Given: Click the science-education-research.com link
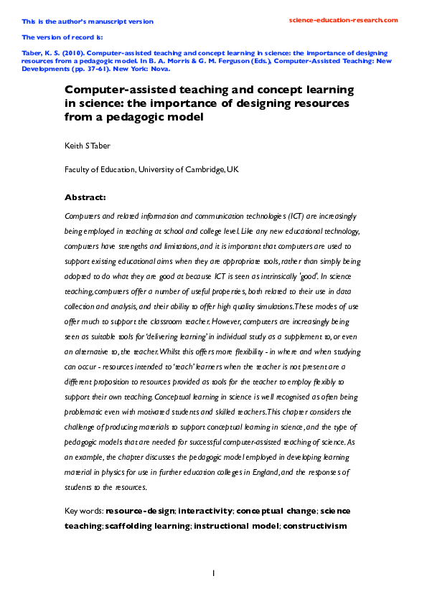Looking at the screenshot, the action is [342, 20].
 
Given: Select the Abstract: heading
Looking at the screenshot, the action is [85, 197].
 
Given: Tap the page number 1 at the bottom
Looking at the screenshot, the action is [213, 572].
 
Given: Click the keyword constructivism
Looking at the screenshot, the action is [315, 525].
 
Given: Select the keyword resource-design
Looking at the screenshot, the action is [139, 511].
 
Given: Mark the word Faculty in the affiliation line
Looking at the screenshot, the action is [79, 169].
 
